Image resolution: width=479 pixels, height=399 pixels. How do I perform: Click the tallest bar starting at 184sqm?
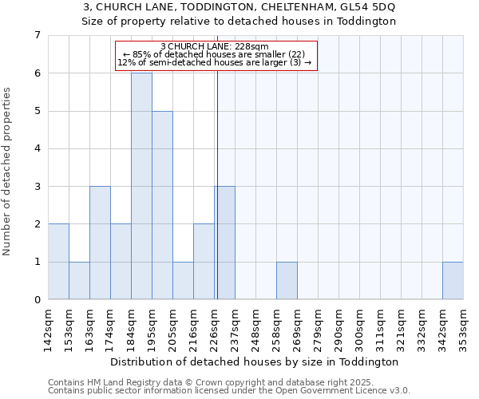pyautogui.click(x=141, y=186)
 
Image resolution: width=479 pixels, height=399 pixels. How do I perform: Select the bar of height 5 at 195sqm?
pyautogui.click(x=162, y=205)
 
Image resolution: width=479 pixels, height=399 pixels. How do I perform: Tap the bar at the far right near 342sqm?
pyautogui.click(x=453, y=281)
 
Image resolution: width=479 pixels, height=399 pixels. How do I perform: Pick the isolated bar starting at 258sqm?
pyautogui.click(x=287, y=281)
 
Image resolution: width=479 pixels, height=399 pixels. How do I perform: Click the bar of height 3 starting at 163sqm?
pyautogui.click(x=100, y=243)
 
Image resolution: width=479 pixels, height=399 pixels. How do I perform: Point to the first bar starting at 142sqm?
pyautogui.click(x=58, y=262)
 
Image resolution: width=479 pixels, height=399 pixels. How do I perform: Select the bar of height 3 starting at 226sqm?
pyautogui.click(x=225, y=243)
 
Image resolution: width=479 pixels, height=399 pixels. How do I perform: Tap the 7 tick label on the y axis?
pyautogui.click(x=37, y=35)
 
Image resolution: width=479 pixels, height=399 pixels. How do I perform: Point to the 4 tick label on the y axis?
pyautogui.click(x=37, y=148)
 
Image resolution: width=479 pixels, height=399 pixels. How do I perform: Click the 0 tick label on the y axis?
pyautogui.click(x=37, y=300)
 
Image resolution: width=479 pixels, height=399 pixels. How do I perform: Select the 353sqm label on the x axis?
pyautogui.click(x=464, y=328)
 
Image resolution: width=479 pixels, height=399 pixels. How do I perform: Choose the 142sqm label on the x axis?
pyautogui.click(x=49, y=328)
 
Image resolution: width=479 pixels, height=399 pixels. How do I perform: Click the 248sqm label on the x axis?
pyautogui.click(x=256, y=328)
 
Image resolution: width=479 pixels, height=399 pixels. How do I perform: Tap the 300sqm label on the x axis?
pyautogui.click(x=360, y=328)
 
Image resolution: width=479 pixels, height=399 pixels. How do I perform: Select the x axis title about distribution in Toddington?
pyautogui.click(x=255, y=361)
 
